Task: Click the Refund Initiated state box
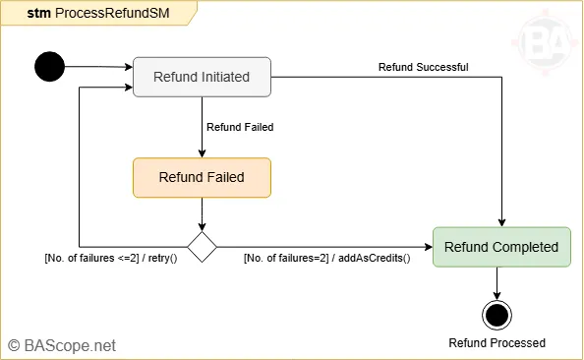(202, 77)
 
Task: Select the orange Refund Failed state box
(202, 178)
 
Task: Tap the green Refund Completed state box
(500, 247)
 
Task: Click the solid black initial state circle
(49, 67)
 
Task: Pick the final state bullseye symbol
(497, 315)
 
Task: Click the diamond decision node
(202, 247)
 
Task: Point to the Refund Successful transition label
(423, 67)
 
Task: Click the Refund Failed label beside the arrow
(240, 127)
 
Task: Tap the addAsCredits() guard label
(326, 259)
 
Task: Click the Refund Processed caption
(496, 342)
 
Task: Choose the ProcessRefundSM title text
(102, 13)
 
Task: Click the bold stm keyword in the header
(38, 13)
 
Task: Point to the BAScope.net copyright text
(63, 345)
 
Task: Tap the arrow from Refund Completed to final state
(497, 282)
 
